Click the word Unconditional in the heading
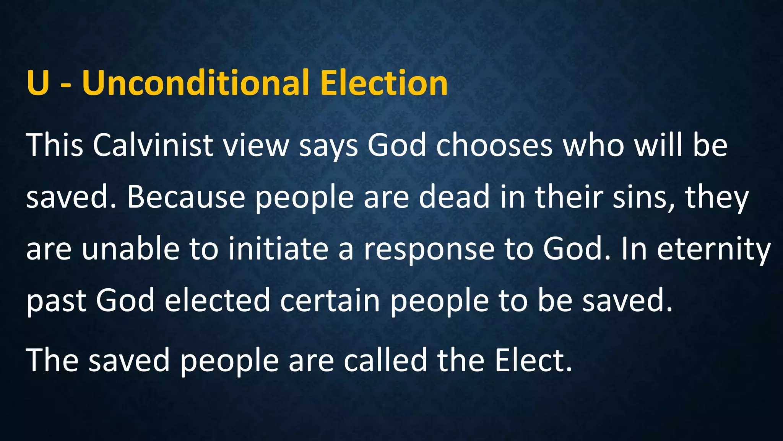[195, 83]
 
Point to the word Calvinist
[153, 145]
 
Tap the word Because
[186, 197]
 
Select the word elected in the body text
[218, 301]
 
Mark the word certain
[330, 301]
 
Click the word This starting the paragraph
[55, 145]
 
